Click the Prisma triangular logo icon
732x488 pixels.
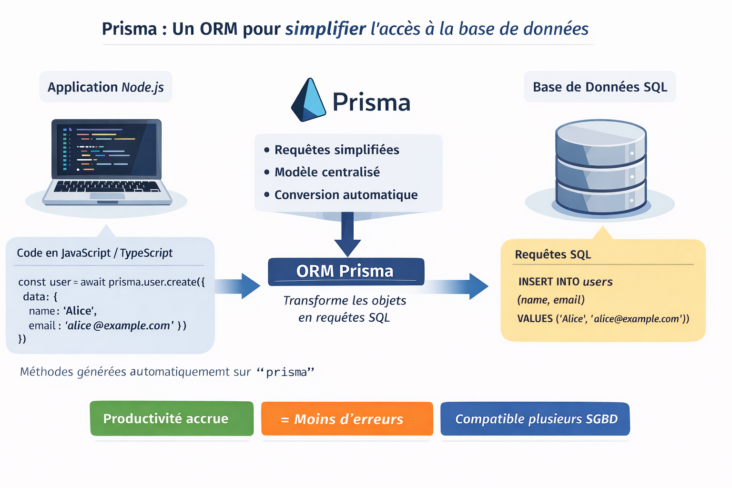click(308, 101)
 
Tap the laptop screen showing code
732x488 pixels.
click(106, 148)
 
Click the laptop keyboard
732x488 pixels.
click(107, 186)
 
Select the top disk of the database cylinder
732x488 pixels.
click(601, 136)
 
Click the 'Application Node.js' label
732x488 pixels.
click(105, 87)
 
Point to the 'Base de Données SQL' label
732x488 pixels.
click(600, 87)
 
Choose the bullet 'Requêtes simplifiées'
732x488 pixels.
click(336, 150)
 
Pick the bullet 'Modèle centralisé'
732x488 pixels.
click(327, 172)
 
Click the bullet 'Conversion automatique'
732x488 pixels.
click(346, 195)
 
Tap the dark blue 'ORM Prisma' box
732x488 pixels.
click(346, 271)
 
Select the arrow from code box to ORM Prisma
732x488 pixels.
click(238, 286)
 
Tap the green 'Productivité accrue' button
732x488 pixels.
click(172, 418)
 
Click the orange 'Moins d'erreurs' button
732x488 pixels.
click(347, 419)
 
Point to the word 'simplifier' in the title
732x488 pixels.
click(325, 29)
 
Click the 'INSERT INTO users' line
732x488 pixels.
click(565, 282)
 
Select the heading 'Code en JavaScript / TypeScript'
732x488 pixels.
click(95, 253)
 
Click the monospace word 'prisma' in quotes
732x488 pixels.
click(286, 372)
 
